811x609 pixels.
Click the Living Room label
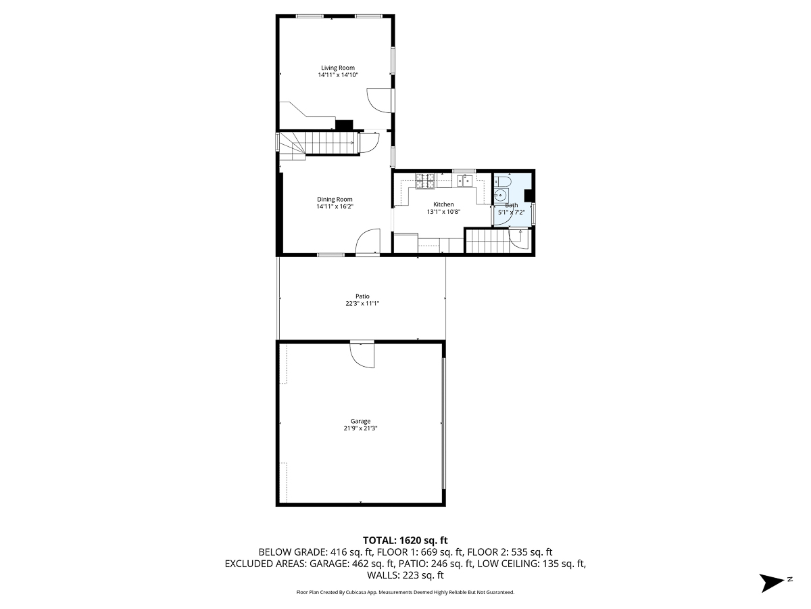click(337, 68)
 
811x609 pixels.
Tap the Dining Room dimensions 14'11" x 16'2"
click(335, 206)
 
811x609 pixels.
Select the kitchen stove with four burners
click(424, 180)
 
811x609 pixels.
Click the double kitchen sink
click(465, 180)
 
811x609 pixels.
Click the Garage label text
click(360, 421)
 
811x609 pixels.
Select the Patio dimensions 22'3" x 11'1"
click(362, 304)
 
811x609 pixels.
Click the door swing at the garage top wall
click(362, 355)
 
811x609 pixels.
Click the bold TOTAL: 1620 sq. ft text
click(405, 540)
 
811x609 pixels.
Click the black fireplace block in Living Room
click(345, 125)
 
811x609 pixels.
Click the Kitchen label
click(443, 204)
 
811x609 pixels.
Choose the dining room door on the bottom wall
click(368, 243)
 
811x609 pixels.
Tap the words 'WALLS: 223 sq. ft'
click(405, 576)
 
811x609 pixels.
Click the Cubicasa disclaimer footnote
click(405, 592)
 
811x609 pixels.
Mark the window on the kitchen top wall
click(463, 171)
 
